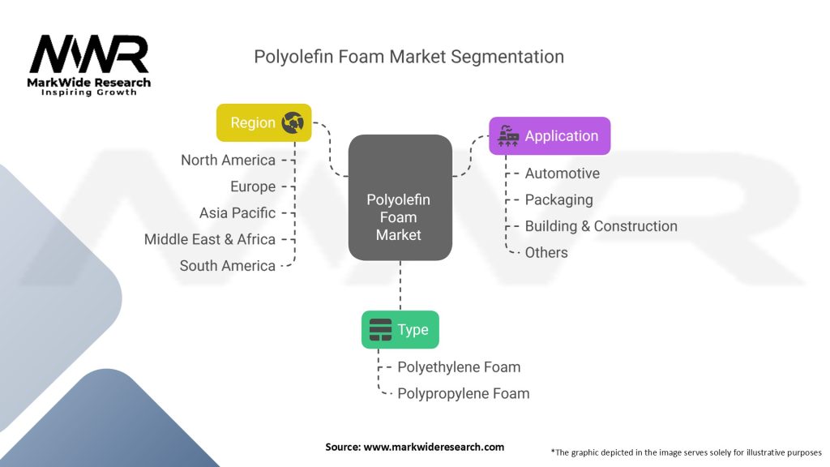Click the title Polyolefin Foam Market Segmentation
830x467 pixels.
coord(409,57)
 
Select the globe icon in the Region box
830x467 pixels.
coord(292,122)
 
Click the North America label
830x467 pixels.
coord(228,160)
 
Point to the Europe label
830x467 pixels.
coord(253,186)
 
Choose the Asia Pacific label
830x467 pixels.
coord(237,213)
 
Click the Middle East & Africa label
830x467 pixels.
coord(210,239)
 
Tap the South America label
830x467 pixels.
coord(228,266)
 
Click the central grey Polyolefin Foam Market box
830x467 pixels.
coord(400,199)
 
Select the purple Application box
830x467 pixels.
coord(550,136)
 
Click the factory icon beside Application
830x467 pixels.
coord(508,136)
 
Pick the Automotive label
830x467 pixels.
coord(563,174)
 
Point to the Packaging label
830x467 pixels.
coord(558,199)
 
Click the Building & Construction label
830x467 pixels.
coord(601,226)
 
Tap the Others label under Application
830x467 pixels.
coord(546,252)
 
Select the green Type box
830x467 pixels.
coord(400,330)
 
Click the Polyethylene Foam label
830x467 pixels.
coord(459,367)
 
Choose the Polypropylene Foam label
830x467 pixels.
coord(463,393)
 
